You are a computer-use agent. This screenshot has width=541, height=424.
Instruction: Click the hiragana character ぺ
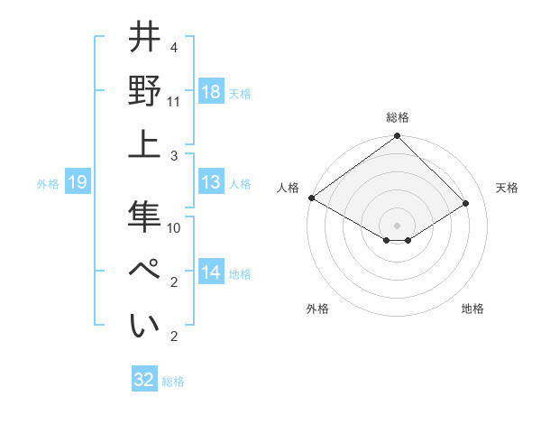145,272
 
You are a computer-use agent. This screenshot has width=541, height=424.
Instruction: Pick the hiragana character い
145,326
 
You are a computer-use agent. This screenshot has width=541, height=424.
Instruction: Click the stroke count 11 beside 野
174,102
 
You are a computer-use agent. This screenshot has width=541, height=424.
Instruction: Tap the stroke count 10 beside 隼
174,228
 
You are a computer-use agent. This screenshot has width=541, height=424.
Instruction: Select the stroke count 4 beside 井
173,47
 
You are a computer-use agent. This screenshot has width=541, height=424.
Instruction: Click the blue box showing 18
211,91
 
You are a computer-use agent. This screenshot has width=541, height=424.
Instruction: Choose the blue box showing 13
211,183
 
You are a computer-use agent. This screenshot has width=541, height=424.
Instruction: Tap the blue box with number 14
211,272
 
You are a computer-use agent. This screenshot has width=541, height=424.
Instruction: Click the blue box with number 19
78,183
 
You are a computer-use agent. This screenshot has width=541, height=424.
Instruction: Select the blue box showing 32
144,380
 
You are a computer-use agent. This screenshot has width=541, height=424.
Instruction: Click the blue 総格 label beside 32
173,382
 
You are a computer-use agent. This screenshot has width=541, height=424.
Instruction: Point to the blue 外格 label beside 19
48,184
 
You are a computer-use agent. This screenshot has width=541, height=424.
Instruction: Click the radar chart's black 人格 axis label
289,188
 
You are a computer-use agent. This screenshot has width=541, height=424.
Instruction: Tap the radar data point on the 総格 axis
397,137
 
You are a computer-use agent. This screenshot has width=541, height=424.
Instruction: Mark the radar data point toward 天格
466,204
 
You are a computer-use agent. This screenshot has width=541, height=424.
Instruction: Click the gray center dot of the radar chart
397,225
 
